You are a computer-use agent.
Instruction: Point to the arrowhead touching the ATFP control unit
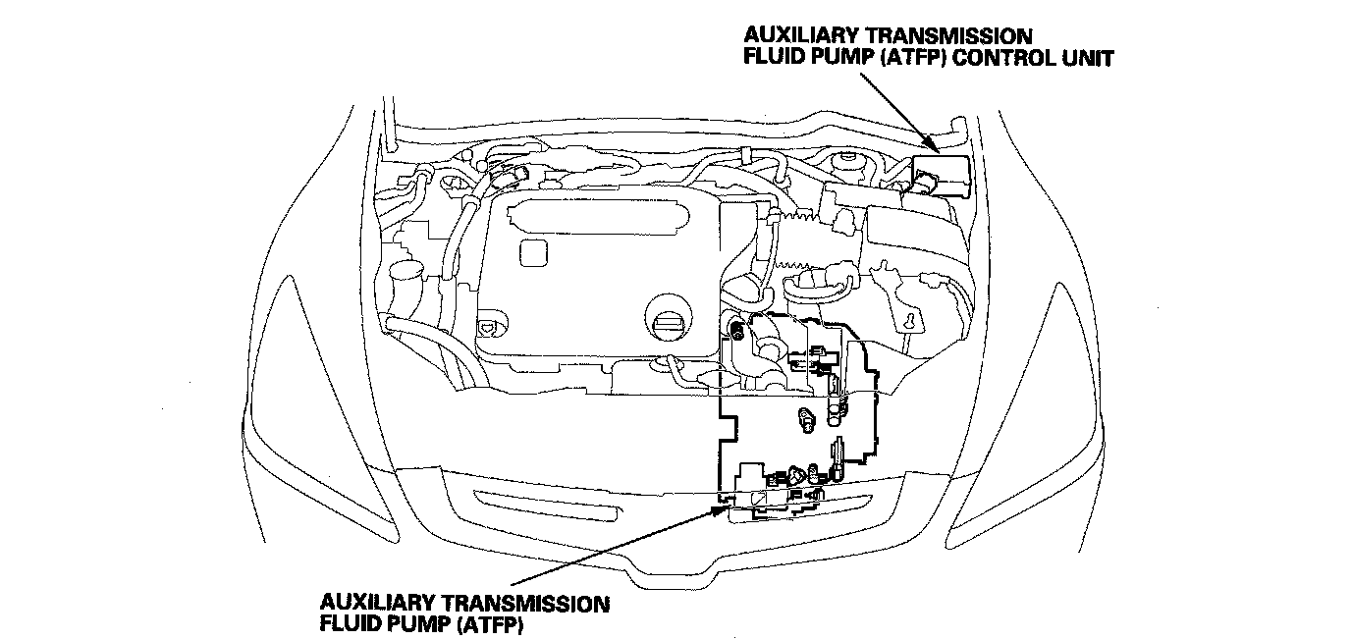click(x=934, y=147)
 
